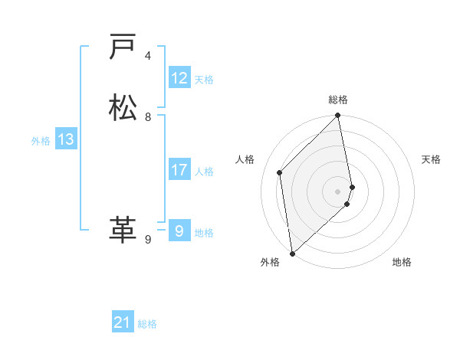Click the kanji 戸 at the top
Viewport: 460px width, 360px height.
click(123, 47)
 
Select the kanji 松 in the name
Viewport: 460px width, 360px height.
click(123, 108)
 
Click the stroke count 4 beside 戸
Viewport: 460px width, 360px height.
click(148, 56)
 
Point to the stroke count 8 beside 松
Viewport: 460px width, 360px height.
click(148, 117)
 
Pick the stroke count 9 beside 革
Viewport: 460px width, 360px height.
click(148, 239)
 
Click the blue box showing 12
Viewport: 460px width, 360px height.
click(179, 78)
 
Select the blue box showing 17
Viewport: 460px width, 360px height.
click(179, 170)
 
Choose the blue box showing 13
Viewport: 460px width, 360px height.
click(65, 139)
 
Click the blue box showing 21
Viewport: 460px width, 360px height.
click(123, 322)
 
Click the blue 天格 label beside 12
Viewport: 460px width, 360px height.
click(204, 80)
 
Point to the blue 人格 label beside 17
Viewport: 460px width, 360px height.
click(204, 172)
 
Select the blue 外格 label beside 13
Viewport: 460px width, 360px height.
click(41, 141)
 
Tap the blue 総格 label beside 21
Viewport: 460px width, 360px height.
click(147, 324)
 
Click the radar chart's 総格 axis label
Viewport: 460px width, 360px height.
click(338, 100)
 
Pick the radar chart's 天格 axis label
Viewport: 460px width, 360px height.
click(431, 159)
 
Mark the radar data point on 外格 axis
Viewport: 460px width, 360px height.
click(291, 254)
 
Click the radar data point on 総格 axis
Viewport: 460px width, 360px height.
click(338, 116)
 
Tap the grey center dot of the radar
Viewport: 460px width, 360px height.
click(338, 191)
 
